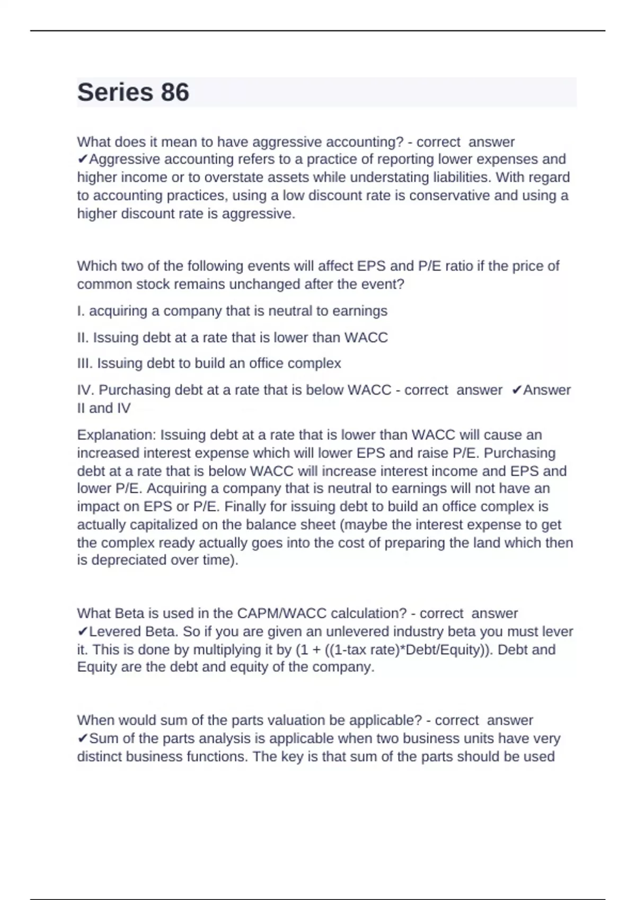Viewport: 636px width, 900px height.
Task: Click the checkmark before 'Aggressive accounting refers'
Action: point(82,159)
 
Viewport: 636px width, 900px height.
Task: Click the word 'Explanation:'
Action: point(117,435)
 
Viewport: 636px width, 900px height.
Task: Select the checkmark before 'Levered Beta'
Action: point(82,632)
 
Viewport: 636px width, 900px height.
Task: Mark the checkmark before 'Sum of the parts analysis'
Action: point(82,739)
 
